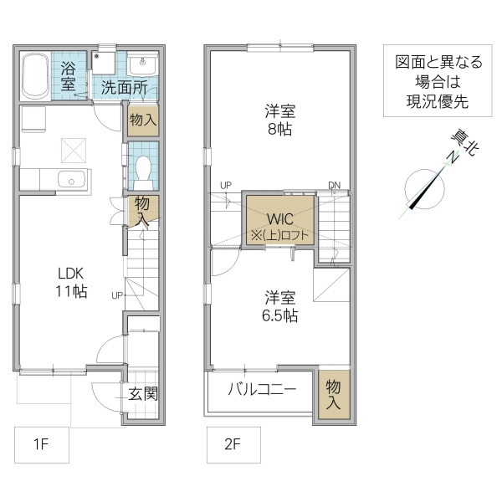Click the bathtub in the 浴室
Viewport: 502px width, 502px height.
pyautogui.click(x=34, y=74)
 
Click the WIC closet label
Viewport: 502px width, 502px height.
pyautogui.click(x=279, y=219)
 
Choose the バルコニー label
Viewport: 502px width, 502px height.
pyautogui.click(x=262, y=390)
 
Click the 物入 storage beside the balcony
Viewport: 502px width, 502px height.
pyautogui.click(x=333, y=394)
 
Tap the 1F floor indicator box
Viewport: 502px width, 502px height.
pyautogui.click(x=40, y=444)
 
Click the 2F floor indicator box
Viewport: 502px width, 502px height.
pyautogui.click(x=233, y=444)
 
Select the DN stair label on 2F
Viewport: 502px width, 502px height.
pyautogui.click(x=334, y=185)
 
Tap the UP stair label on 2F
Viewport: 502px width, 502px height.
pyautogui.click(x=226, y=185)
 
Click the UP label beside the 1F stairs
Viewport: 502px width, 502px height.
pyautogui.click(x=117, y=295)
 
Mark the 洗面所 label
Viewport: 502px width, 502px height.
pyautogui.click(x=125, y=85)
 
